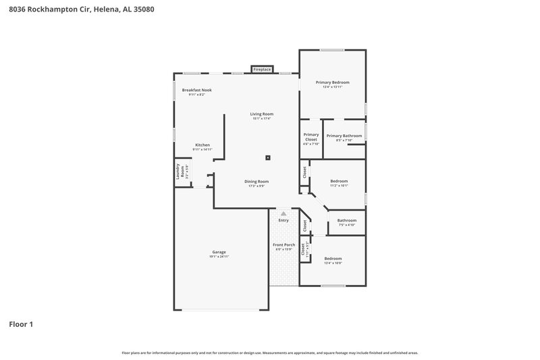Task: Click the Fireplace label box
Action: click(262, 69)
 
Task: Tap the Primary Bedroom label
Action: click(333, 82)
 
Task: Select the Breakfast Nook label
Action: click(196, 90)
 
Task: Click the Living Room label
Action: click(262, 114)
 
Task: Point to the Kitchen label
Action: click(202, 145)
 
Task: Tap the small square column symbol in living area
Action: click(268, 157)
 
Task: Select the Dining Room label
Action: click(256, 181)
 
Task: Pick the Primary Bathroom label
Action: click(344, 136)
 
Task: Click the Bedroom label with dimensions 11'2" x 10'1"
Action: click(339, 181)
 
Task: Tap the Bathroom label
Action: click(347, 220)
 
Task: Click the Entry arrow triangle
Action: click(283, 213)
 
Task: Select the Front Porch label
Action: click(283, 245)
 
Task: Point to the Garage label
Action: click(219, 252)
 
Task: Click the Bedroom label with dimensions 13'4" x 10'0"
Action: click(333, 259)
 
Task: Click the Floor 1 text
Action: click(21, 324)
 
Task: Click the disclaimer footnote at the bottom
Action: click(270, 353)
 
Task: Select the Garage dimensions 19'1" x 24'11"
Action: click(219, 257)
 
